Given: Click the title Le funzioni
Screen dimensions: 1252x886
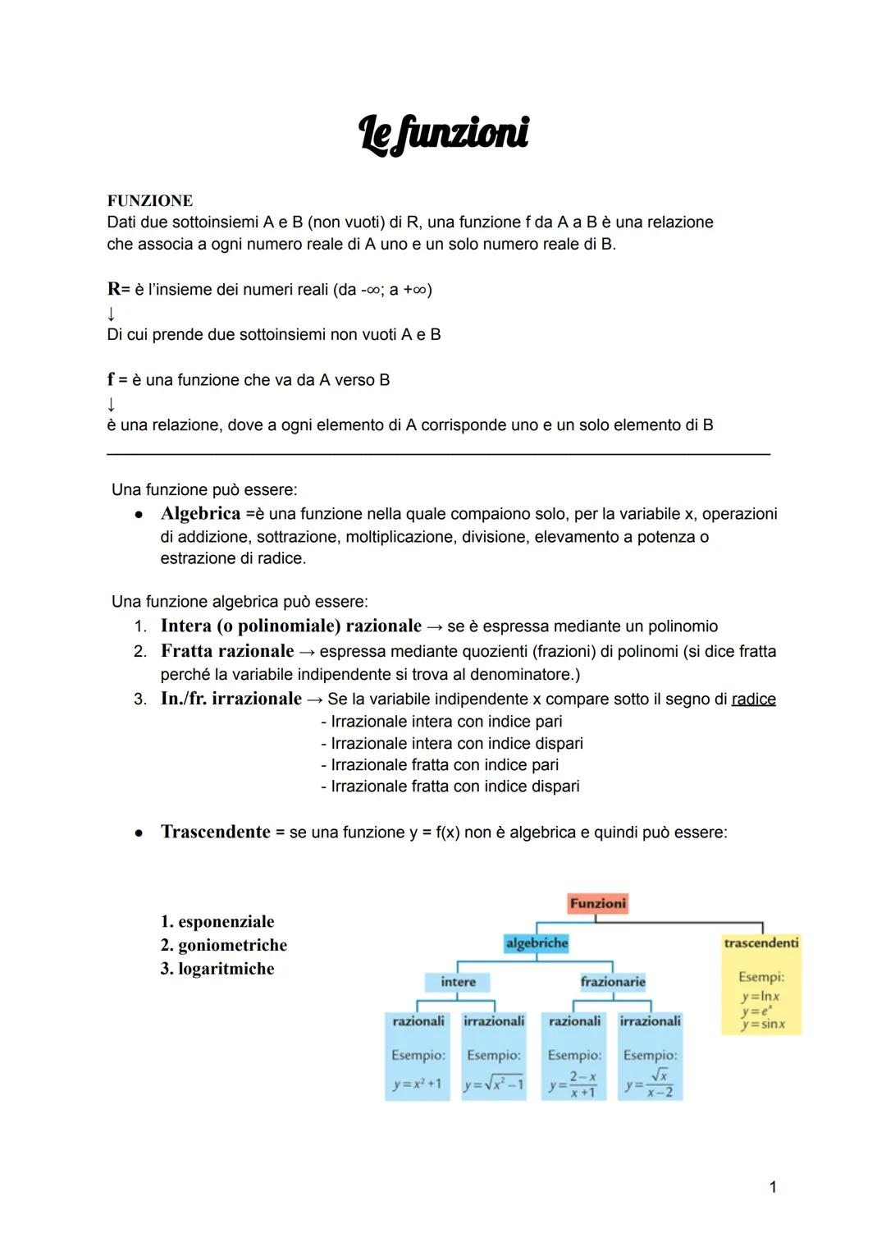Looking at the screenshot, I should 444,134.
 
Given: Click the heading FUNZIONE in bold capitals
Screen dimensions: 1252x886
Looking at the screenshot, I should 150,201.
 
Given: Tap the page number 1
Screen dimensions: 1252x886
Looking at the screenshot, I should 772,1187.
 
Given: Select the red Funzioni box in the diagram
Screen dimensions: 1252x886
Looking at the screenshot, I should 597,903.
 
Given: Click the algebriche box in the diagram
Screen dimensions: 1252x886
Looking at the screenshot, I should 537,943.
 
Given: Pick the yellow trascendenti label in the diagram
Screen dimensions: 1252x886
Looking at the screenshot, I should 760,943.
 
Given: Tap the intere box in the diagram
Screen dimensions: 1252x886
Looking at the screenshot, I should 458,982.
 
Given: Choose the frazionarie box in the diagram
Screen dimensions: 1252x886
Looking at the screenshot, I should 613,982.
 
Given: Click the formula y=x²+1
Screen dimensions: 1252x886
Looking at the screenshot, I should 417,1084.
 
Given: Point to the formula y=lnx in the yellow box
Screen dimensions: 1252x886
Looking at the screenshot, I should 760,997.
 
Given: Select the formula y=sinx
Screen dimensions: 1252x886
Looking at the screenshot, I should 762,1025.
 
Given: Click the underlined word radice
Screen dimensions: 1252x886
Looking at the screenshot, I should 753,699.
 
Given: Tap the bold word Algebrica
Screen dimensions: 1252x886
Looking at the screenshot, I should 200,514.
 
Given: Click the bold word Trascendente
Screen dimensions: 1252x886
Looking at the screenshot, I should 215,832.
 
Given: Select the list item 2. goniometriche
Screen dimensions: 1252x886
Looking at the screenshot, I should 224,945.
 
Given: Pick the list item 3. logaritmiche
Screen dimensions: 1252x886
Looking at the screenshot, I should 217,969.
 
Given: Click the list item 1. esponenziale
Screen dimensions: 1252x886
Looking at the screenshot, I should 217,921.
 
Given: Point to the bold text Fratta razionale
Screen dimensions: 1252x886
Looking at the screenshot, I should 227,651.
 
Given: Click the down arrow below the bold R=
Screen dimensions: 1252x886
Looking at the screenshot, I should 111,313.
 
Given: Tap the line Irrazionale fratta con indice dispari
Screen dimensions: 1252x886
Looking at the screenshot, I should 451,787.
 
